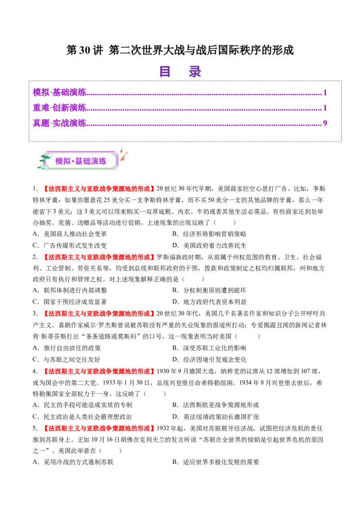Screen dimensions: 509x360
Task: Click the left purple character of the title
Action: (x=165, y=72)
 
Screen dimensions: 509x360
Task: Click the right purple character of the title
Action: (x=194, y=72)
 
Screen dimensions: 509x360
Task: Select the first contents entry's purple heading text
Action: (x=59, y=92)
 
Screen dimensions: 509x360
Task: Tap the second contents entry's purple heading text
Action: (x=59, y=107)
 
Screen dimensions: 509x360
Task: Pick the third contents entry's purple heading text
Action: (x=59, y=122)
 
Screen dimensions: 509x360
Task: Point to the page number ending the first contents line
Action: (x=325, y=92)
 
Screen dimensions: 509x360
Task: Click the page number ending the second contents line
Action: (x=325, y=107)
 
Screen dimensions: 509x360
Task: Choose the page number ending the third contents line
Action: (x=324, y=122)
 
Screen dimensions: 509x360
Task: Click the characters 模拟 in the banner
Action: (x=63, y=161)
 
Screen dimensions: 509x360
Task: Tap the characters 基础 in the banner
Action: (x=82, y=161)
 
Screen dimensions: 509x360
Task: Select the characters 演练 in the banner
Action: (x=99, y=161)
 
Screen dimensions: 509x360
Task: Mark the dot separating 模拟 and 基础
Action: (x=73, y=161)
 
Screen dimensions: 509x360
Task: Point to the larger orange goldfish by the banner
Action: (x=124, y=156)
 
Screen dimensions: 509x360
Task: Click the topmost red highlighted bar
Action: (x=99, y=189)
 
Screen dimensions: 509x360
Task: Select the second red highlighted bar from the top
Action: (x=99, y=257)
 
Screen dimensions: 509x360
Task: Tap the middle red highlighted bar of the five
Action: (x=99, y=314)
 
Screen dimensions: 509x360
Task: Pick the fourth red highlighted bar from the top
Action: (x=99, y=372)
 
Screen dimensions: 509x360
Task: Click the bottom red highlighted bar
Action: (x=99, y=428)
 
